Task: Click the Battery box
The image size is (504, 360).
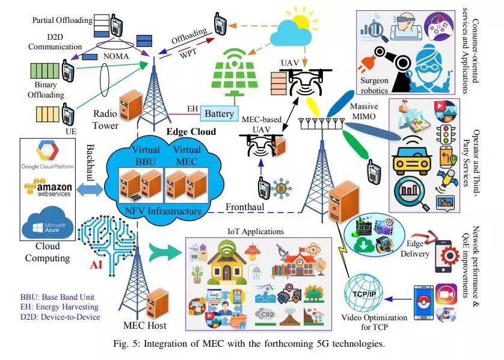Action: (219, 113)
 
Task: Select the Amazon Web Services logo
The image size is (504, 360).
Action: (47, 187)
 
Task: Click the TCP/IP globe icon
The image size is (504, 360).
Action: (364, 293)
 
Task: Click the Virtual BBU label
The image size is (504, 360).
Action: (140, 155)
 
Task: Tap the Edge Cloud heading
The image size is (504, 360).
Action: (191, 131)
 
